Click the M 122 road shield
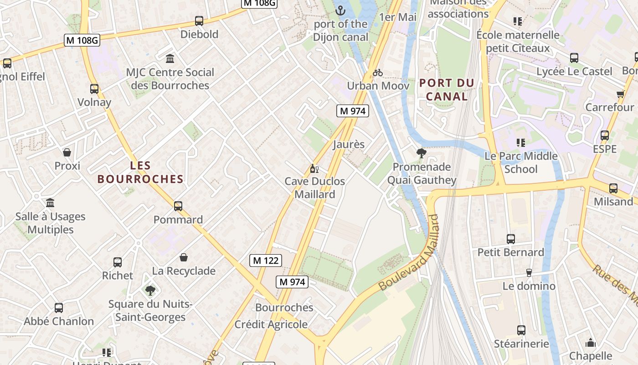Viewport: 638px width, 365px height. click(266, 261)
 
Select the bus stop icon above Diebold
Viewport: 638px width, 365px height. click(199, 21)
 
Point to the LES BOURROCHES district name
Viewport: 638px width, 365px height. click(140, 172)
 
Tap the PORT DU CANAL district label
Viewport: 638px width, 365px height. click(447, 90)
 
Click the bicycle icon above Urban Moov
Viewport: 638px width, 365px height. click(378, 73)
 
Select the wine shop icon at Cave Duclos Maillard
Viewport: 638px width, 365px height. click(314, 169)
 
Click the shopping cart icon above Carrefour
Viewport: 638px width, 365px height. click(620, 94)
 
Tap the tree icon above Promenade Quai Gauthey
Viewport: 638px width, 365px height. click(422, 153)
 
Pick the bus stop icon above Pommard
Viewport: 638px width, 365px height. click(178, 206)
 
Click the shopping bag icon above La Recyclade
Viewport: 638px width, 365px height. click(184, 258)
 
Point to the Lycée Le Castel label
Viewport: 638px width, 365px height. click(574, 72)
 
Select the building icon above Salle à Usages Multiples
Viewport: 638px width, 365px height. click(50, 203)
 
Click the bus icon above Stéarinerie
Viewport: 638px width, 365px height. click(521, 330)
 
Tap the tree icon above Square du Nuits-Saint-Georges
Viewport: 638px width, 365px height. click(150, 291)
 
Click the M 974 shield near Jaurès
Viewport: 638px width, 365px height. click(353, 111)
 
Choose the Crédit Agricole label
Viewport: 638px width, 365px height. click(271, 324)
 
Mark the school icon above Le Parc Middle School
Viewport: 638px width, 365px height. click(521, 143)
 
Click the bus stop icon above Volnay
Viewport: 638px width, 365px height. click(94, 89)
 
